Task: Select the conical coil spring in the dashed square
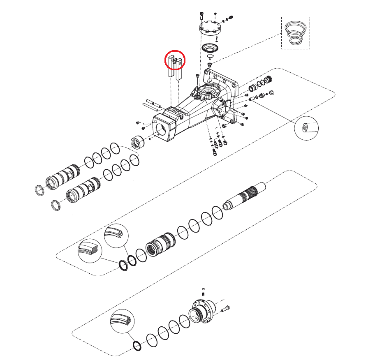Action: [295, 33]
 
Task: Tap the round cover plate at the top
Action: [210, 30]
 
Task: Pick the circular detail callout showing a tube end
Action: [307, 129]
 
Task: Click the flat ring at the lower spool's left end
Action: [57, 204]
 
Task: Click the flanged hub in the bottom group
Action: [201, 313]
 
